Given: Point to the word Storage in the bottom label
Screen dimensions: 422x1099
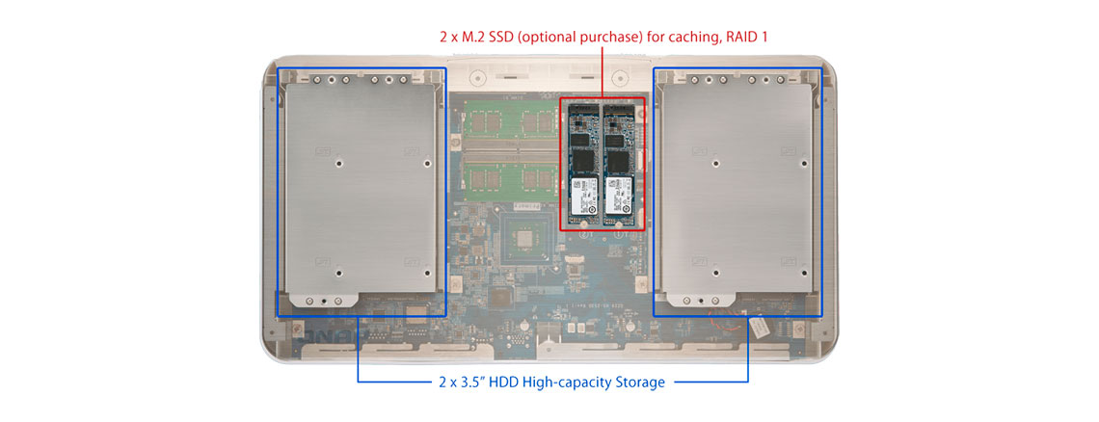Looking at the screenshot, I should pyautogui.click(x=636, y=382).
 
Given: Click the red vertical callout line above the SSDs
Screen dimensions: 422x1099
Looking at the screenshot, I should pyautogui.click(x=603, y=72).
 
